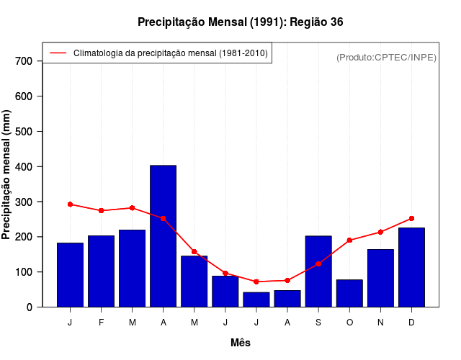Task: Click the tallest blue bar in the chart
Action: [163, 236]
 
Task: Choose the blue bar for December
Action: [411, 267]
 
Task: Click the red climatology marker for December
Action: [411, 218]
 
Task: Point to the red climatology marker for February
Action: [101, 210]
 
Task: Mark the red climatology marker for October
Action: [349, 240]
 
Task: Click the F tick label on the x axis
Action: [101, 323]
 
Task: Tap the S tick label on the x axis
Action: [318, 323]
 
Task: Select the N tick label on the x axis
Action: [380, 323]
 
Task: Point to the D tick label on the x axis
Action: [411, 323]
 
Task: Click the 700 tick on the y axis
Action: [24, 61]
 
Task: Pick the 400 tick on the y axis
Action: [24, 166]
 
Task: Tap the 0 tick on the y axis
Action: [30, 307]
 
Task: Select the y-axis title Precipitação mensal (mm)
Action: [7, 174]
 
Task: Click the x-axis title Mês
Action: [241, 343]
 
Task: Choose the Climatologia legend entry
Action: [170, 53]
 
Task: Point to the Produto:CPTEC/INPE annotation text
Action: [386, 57]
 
